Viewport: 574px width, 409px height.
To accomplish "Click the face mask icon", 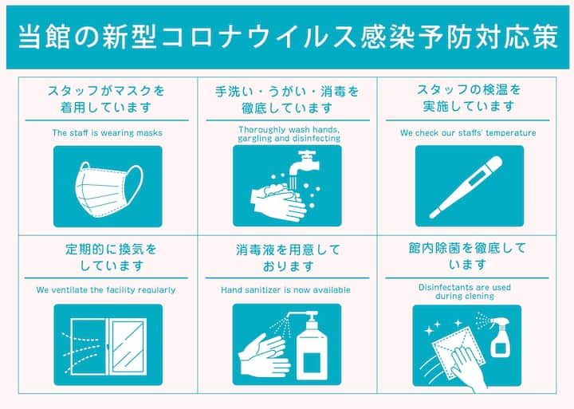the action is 108,189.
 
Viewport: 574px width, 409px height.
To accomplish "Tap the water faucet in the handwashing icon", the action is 304,162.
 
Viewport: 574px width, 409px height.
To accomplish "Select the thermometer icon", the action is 466,187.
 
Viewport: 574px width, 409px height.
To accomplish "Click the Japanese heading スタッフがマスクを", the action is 106,90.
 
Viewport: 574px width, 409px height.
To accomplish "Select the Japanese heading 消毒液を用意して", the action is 288,250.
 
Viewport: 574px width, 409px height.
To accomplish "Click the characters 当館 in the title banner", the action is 44,37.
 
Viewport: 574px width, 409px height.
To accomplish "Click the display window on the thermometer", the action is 478,176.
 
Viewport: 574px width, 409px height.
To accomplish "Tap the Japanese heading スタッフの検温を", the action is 469,90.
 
